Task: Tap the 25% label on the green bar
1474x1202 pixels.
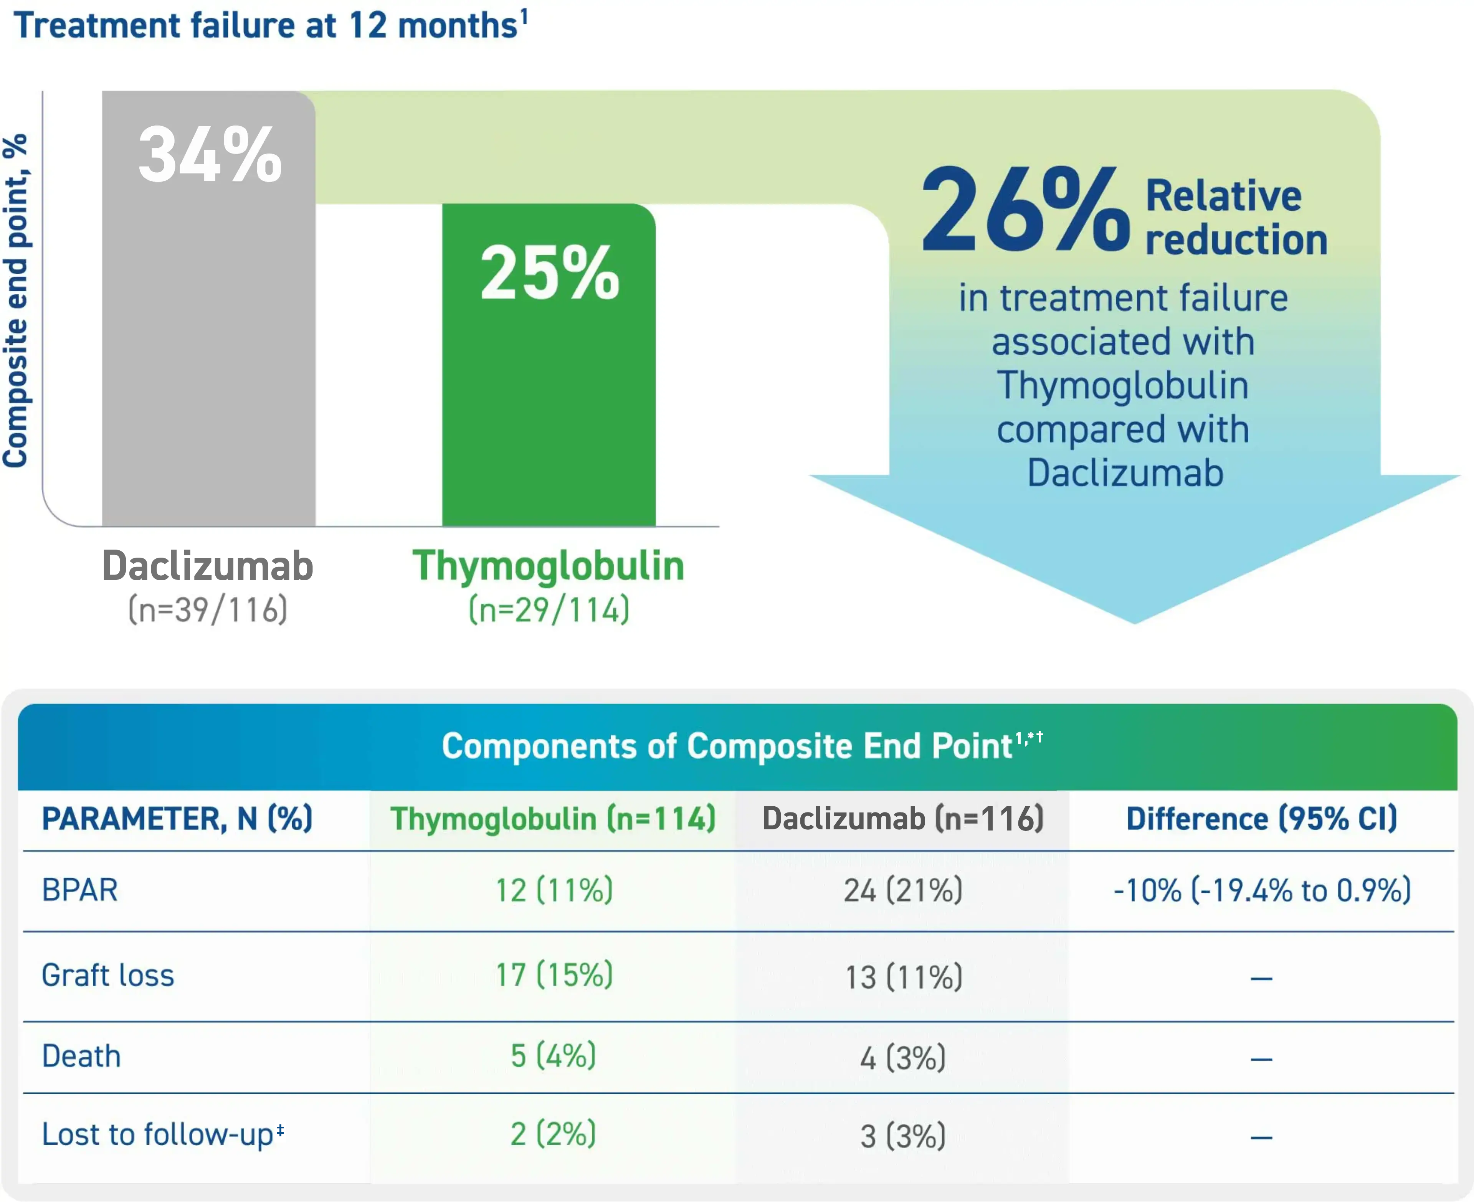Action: coord(549,274)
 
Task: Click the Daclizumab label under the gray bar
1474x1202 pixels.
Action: coord(208,566)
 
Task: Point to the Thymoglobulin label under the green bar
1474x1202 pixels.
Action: coord(549,566)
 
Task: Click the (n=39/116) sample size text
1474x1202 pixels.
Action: coord(208,610)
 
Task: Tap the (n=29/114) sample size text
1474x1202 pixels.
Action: coord(549,610)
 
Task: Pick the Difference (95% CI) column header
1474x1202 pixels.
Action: coord(1261,819)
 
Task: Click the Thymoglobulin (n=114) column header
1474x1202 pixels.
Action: coord(552,819)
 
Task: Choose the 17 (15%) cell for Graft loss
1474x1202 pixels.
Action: coord(554,975)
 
